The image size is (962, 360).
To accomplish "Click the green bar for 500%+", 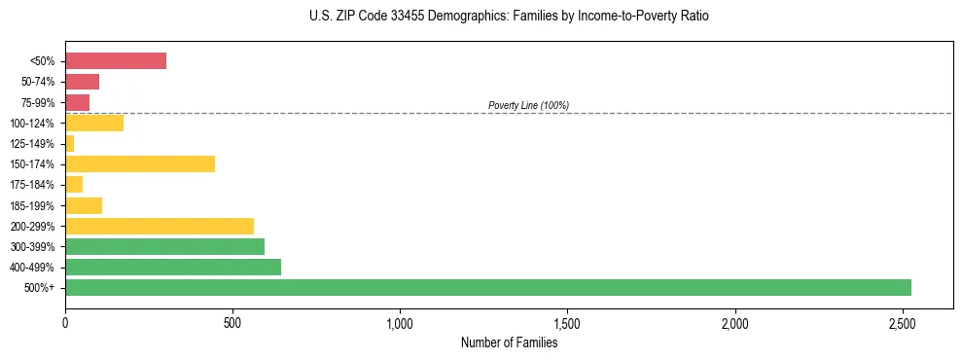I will point(487,287).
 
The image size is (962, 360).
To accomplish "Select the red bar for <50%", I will point(115,61).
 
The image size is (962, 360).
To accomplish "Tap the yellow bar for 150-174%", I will point(139,163).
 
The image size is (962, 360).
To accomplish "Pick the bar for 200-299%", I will point(159,226).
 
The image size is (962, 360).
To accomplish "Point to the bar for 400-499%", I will point(172,267).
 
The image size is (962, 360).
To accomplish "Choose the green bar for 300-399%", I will point(164,246).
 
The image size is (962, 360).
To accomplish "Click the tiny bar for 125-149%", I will point(69,143).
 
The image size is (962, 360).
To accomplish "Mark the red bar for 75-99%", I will point(77,102).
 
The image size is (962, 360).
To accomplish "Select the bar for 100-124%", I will point(93,123).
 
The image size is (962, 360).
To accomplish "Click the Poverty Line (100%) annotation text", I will point(528,105).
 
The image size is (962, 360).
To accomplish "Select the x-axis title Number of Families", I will point(509,342).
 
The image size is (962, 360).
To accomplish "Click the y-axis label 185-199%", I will point(32,205).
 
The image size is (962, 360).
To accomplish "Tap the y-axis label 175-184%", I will point(32,185).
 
